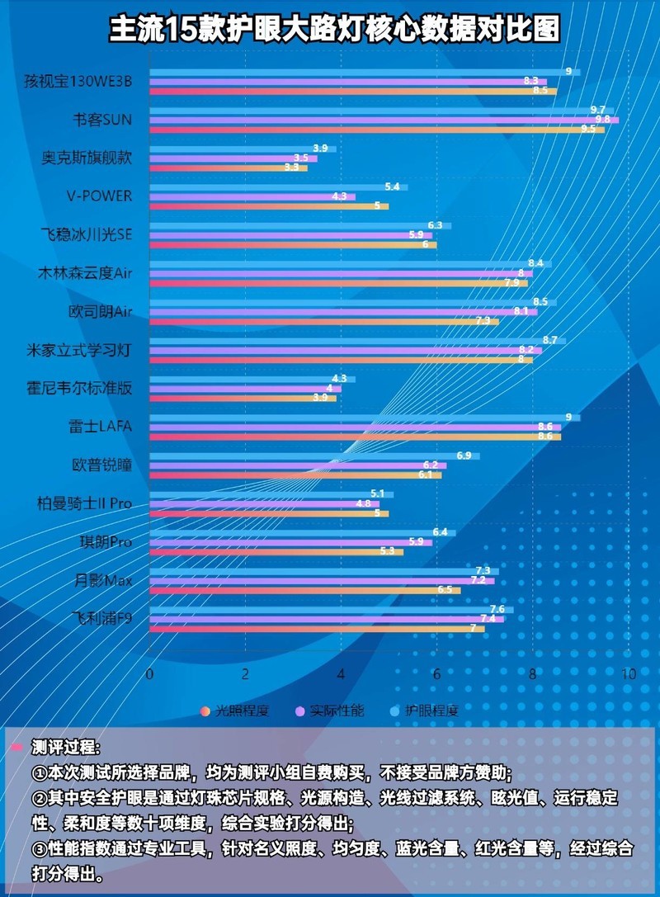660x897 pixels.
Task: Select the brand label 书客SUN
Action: coord(101,120)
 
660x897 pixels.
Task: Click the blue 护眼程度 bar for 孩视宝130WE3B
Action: coord(363,72)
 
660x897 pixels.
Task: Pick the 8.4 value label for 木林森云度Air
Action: coord(535,263)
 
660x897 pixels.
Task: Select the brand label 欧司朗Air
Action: coord(100,312)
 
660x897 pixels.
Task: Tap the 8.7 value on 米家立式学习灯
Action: coord(549,340)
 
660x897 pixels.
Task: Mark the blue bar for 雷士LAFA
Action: coord(363,417)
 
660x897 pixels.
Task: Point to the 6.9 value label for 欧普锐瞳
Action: coord(464,456)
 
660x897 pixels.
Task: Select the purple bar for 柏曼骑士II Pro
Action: coord(264,503)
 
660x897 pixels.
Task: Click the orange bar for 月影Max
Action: coord(304,590)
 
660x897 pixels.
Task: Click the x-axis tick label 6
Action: coord(437,674)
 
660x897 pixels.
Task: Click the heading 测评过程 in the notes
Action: coord(65,748)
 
